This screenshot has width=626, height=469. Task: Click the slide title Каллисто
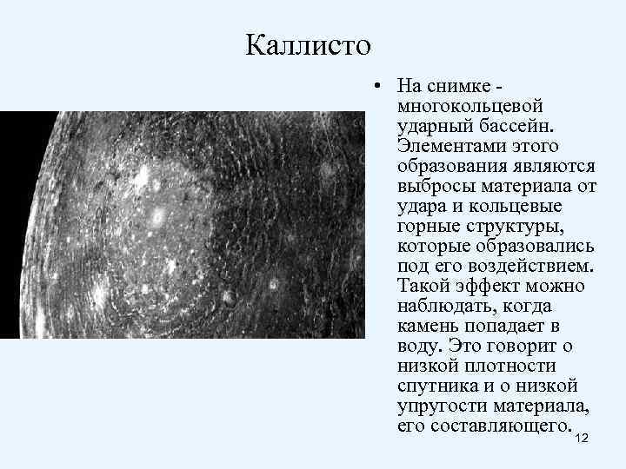(x=308, y=45)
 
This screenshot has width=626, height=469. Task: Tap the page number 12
(x=582, y=438)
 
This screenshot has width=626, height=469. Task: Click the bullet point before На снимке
(x=376, y=85)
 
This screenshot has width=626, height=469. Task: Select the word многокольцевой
(x=470, y=106)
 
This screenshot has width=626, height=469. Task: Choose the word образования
(x=452, y=166)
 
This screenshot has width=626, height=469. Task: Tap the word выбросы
(x=436, y=186)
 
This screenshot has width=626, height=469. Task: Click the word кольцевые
(x=515, y=206)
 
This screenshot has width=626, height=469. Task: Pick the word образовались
(x=535, y=246)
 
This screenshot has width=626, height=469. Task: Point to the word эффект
(x=489, y=286)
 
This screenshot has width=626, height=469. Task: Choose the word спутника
(x=438, y=386)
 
